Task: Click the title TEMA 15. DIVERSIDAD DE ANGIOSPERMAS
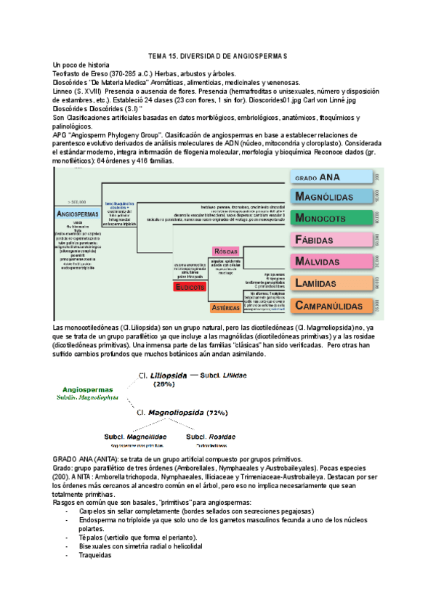pyautogui.click(x=218, y=56)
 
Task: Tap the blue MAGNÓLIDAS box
pyautogui.click(x=334, y=196)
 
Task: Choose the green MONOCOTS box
pyautogui.click(x=334, y=218)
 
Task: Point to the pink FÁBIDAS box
pyautogui.click(x=334, y=240)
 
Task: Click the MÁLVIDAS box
pyautogui.click(x=334, y=262)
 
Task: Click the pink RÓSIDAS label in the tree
pyautogui.click(x=225, y=251)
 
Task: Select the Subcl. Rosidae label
pyautogui.click(x=211, y=437)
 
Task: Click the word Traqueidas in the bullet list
pyautogui.click(x=95, y=555)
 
